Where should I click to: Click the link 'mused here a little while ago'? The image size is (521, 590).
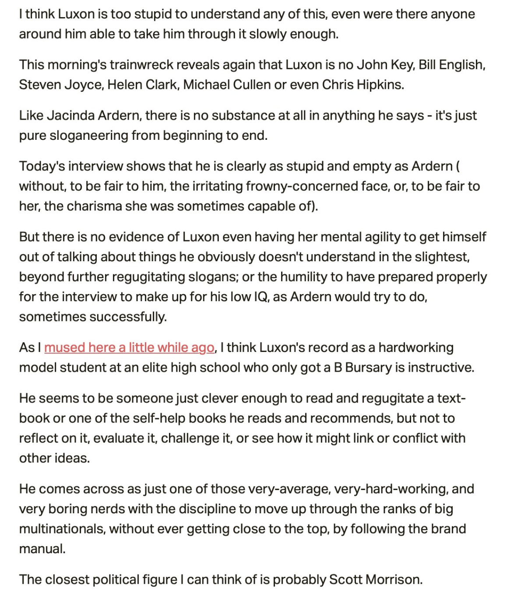point(129,348)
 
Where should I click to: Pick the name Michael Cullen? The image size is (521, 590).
point(227,85)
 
